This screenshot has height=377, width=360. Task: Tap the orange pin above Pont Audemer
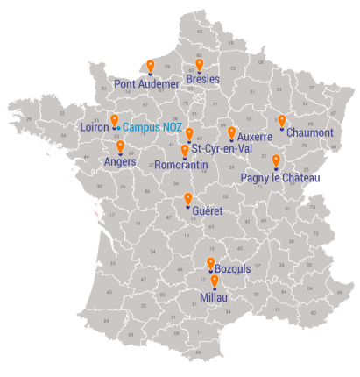(x=151, y=66)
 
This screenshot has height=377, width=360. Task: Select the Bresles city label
(x=203, y=79)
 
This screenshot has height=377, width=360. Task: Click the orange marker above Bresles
(x=200, y=64)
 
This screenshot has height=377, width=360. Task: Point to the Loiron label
(x=94, y=127)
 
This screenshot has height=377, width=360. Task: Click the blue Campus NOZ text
(x=152, y=127)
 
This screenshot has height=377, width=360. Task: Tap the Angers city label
(x=120, y=162)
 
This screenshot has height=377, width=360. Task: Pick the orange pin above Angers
(x=120, y=146)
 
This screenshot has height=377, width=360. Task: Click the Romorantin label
(x=181, y=165)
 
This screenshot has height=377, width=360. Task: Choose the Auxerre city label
(x=255, y=137)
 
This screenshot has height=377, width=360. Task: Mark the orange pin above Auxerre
(x=232, y=132)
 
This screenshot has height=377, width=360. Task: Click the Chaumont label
(x=310, y=133)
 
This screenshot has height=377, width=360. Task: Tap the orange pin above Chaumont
(x=282, y=121)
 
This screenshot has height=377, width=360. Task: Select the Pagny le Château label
(x=280, y=178)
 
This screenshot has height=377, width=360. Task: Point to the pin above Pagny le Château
(x=277, y=160)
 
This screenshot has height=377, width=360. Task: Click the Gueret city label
(x=208, y=211)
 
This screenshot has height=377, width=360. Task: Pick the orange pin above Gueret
(x=188, y=200)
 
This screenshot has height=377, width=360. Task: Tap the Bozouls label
(x=233, y=267)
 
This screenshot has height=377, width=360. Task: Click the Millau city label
(x=214, y=298)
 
